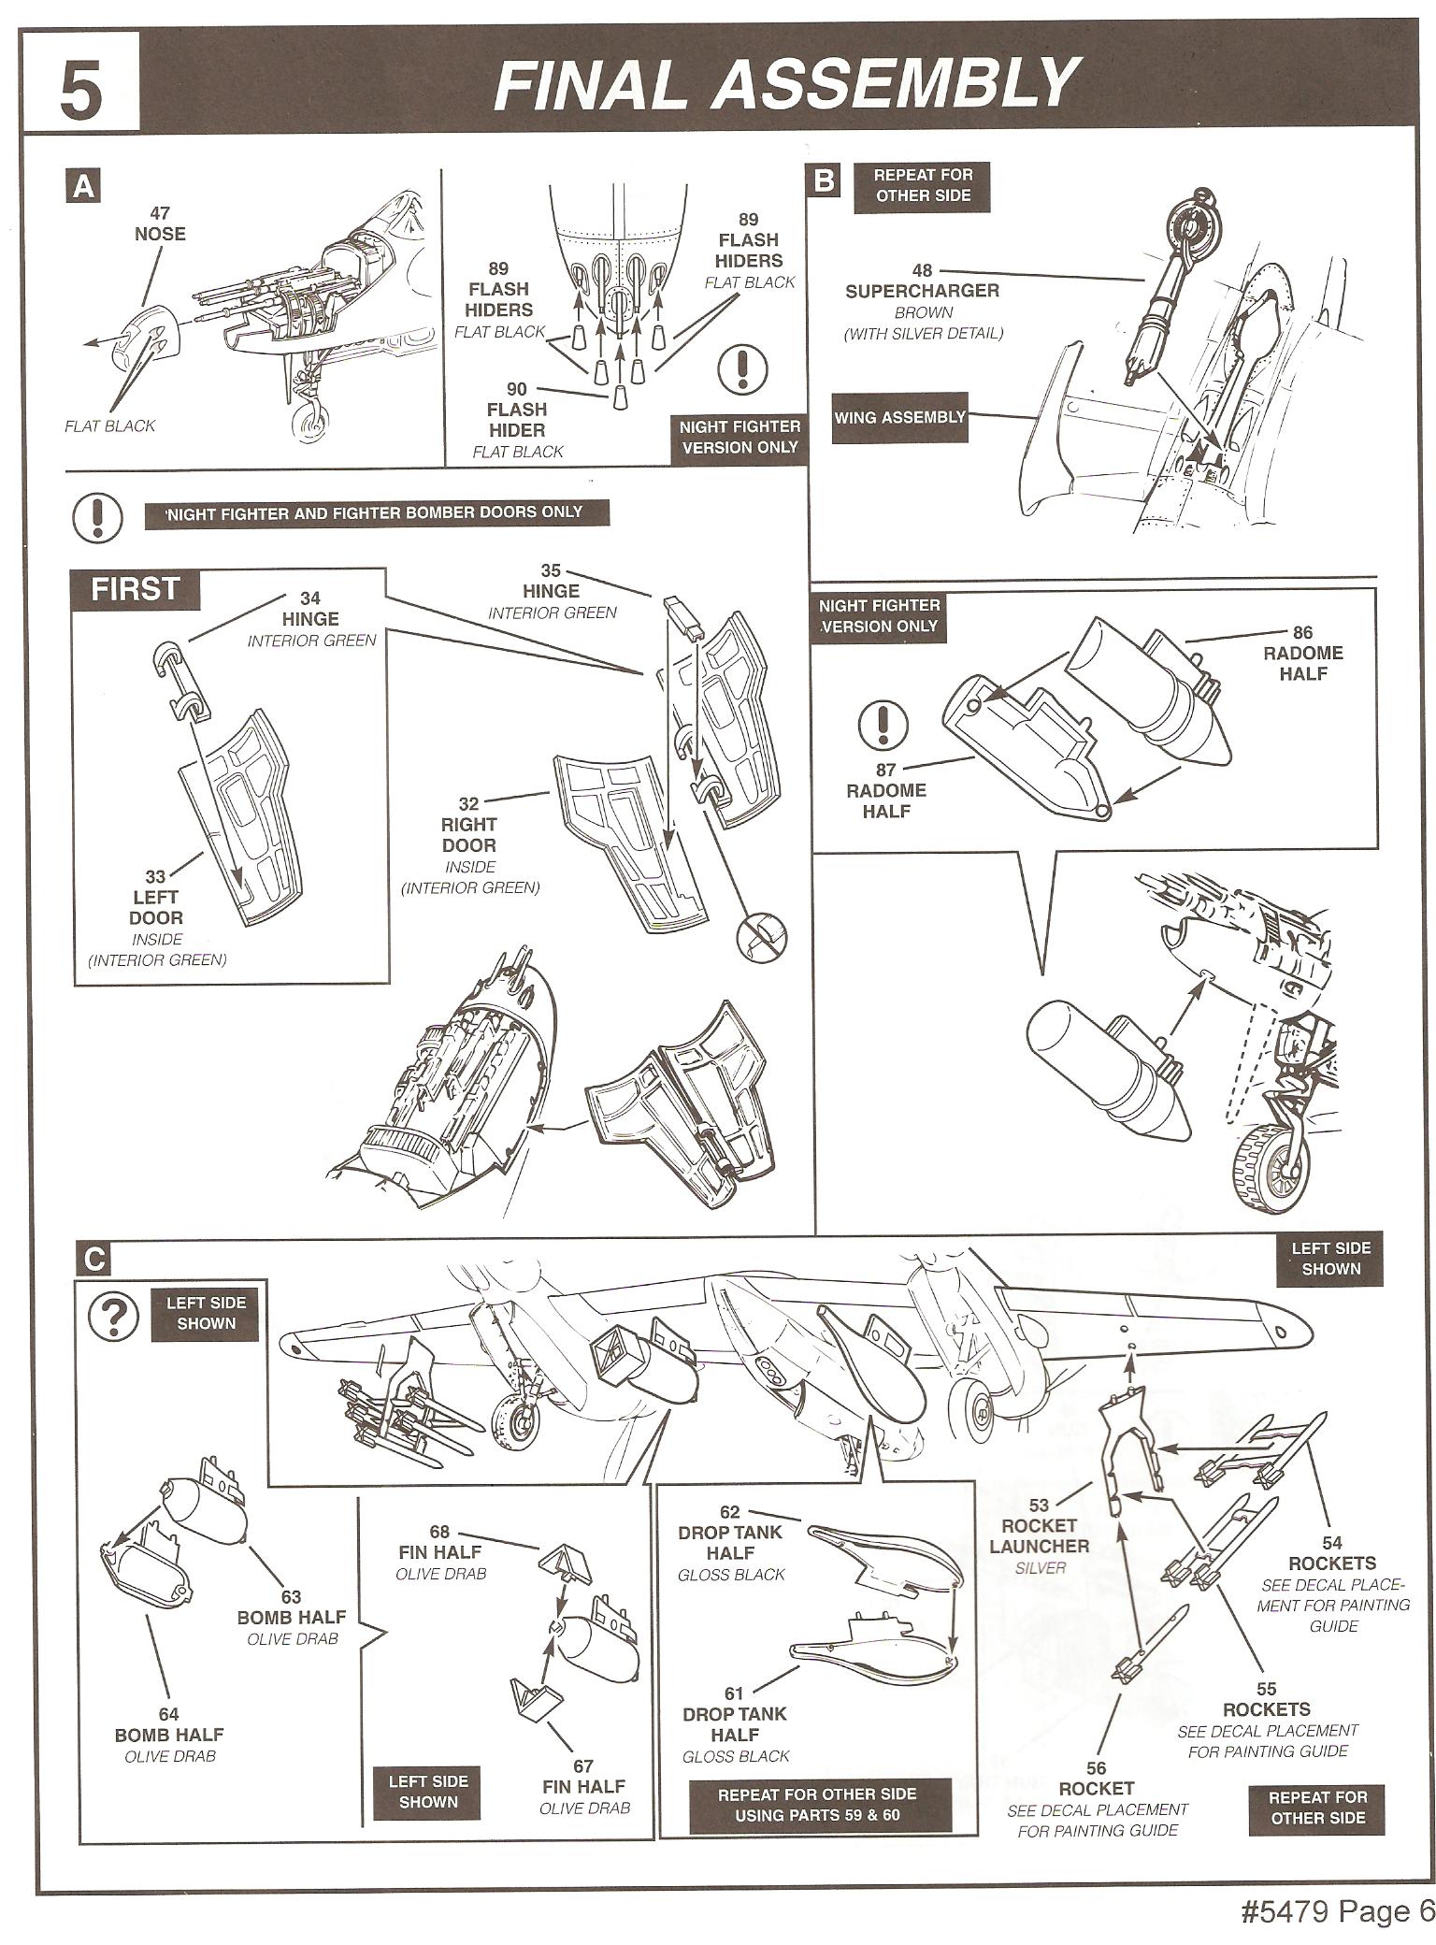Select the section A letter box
click(x=84, y=187)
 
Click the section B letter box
click(x=824, y=180)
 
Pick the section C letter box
click(x=94, y=1260)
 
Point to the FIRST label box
click(x=136, y=589)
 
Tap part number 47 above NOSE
click(x=160, y=213)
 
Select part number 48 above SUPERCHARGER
click(x=922, y=271)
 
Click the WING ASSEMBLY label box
click(x=898, y=417)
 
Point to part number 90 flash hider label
click(x=517, y=389)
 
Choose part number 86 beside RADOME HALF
click(x=1302, y=633)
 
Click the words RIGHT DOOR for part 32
click(x=468, y=835)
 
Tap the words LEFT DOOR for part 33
click(x=156, y=907)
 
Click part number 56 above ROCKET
click(x=1096, y=1767)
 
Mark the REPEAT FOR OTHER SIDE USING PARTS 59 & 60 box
click(x=818, y=1806)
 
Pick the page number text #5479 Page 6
click(x=1337, y=1912)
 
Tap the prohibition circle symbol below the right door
click(x=762, y=935)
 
